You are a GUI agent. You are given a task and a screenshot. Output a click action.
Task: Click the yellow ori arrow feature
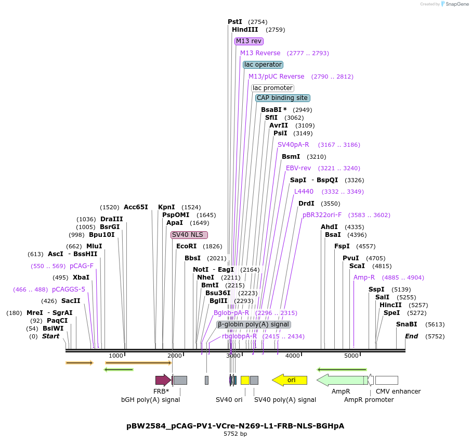[290, 380]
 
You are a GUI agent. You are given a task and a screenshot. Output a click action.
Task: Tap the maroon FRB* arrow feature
[163, 380]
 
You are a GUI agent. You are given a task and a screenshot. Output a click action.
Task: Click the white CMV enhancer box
[386, 380]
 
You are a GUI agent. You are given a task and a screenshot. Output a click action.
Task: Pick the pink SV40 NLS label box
[189, 235]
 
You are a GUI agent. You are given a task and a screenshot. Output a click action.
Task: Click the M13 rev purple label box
[249, 41]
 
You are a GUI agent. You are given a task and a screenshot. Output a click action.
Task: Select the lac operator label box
[263, 65]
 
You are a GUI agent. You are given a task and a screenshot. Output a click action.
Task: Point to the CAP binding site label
[283, 98]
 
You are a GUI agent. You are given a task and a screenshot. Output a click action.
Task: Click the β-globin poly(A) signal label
[253, 324]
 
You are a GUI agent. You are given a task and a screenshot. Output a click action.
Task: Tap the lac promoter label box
[272, 88]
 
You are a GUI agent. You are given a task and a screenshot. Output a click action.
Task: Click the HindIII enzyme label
[245, 30]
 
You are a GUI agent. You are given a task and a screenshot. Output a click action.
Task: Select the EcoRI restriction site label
[187, 246]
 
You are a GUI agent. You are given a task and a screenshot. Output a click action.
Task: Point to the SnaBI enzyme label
[407, 324]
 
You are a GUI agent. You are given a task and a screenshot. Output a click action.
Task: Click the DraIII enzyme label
[112, 219]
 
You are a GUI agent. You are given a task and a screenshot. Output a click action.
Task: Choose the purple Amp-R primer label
[364, 277]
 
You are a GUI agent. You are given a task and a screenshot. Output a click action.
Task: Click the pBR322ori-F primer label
[322, 215]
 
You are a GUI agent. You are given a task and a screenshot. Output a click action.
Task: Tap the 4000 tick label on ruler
[293, 356]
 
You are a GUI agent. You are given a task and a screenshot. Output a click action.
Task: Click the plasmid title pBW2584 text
[235, 426]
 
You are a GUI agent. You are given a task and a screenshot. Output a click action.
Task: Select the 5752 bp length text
[235, 434]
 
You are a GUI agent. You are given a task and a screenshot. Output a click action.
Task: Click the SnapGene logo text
[455, 4]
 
